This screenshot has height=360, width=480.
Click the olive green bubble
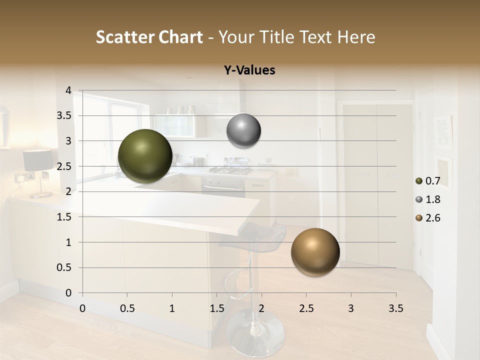[x=145, y=156]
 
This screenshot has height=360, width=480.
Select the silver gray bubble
[x=243, y=131]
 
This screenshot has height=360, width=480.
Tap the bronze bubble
[x=315, y=252]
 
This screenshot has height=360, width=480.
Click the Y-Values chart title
[x=249, y=70]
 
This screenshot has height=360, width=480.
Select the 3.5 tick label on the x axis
[x=395, y=308]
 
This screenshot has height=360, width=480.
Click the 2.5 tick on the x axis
[x=306, y=308]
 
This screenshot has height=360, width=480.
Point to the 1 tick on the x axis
[x=172, y=308]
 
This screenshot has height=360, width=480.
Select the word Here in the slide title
[x=355, y=37]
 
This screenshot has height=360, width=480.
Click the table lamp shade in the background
[x=38, y=160]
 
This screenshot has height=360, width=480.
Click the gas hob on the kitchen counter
[x=231, y=170]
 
